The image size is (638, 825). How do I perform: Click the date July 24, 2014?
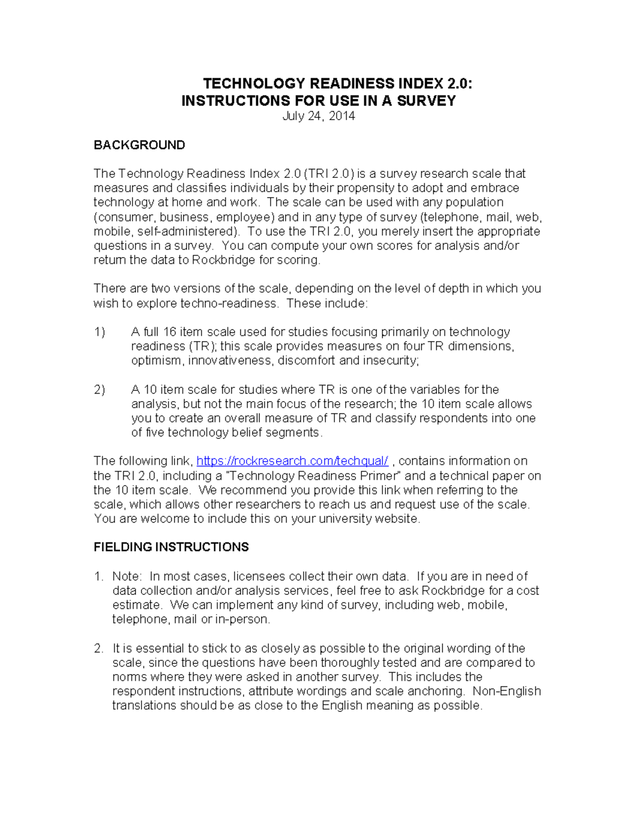pyautogui.click(x=318, y=116)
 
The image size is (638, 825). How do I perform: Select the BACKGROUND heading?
pyautogui.click(x=139, y=145)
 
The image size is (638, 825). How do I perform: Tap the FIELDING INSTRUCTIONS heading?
pyautogui.click(x=171, y=547)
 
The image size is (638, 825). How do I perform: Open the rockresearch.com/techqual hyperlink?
pyautogui.click(x=292, y=461)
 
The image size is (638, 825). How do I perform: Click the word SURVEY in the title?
pyautogui.click(x=426, y=101)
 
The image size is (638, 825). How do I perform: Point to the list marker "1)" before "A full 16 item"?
pyautogui.click(x=100, y=332)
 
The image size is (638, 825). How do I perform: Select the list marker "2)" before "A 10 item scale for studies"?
pyautogui.click(x=100, y=390)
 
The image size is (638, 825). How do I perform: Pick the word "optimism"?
pyautogui.click(x=156, y=361)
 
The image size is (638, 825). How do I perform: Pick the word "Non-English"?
pyautogui.click(x=507, y=691)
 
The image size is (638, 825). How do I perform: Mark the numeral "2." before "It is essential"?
pyautogui.click(x=98, y=649)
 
